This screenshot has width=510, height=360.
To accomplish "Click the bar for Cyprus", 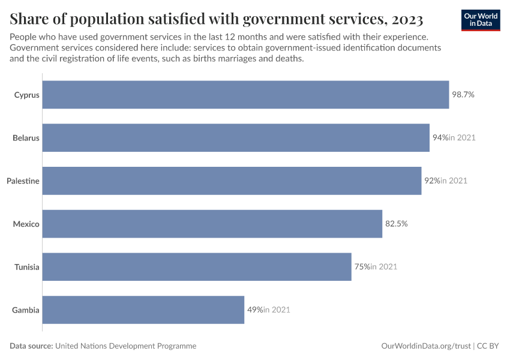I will (245, 95).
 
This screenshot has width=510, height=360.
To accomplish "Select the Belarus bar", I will (236, 138).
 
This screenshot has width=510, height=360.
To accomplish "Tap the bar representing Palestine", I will (232, 181).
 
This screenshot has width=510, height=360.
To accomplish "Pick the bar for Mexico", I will (212, 224).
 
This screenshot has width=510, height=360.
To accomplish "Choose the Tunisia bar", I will (197, 267).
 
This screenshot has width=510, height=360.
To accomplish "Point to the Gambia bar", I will (143, 310).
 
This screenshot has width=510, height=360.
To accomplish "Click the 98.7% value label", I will (463, 95).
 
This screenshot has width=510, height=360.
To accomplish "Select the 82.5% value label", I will (397, 224).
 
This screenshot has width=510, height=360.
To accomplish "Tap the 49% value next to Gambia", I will (255, 310).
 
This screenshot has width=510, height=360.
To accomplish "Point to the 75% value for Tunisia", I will (362, 267).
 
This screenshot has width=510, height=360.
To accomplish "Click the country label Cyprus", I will (27, 95).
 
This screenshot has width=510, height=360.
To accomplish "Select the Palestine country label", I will (23, 181).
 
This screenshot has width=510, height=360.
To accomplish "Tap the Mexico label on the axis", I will (26, 224).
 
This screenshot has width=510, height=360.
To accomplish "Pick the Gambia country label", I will (26, 310).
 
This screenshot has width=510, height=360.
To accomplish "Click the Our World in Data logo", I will (481, 20).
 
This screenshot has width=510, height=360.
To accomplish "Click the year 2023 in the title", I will (407, 19).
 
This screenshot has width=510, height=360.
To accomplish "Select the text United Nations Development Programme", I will (125, 346).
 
